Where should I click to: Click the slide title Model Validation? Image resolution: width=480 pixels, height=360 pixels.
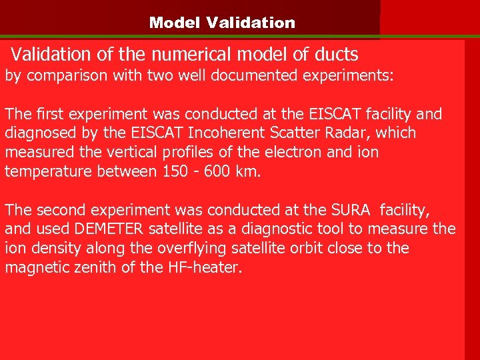tap(222, 23)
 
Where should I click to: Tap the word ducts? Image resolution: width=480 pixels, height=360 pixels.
tap(336, 55)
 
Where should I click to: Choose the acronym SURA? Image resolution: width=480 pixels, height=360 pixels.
tap(351, 211)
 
